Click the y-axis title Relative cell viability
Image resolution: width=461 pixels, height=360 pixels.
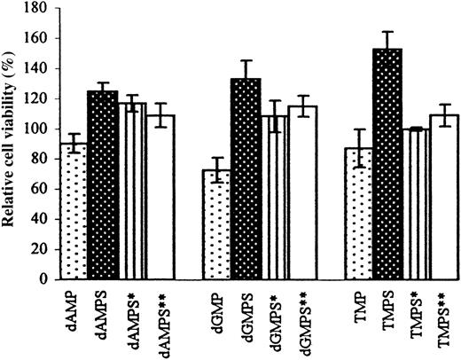(x=13, y=142)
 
